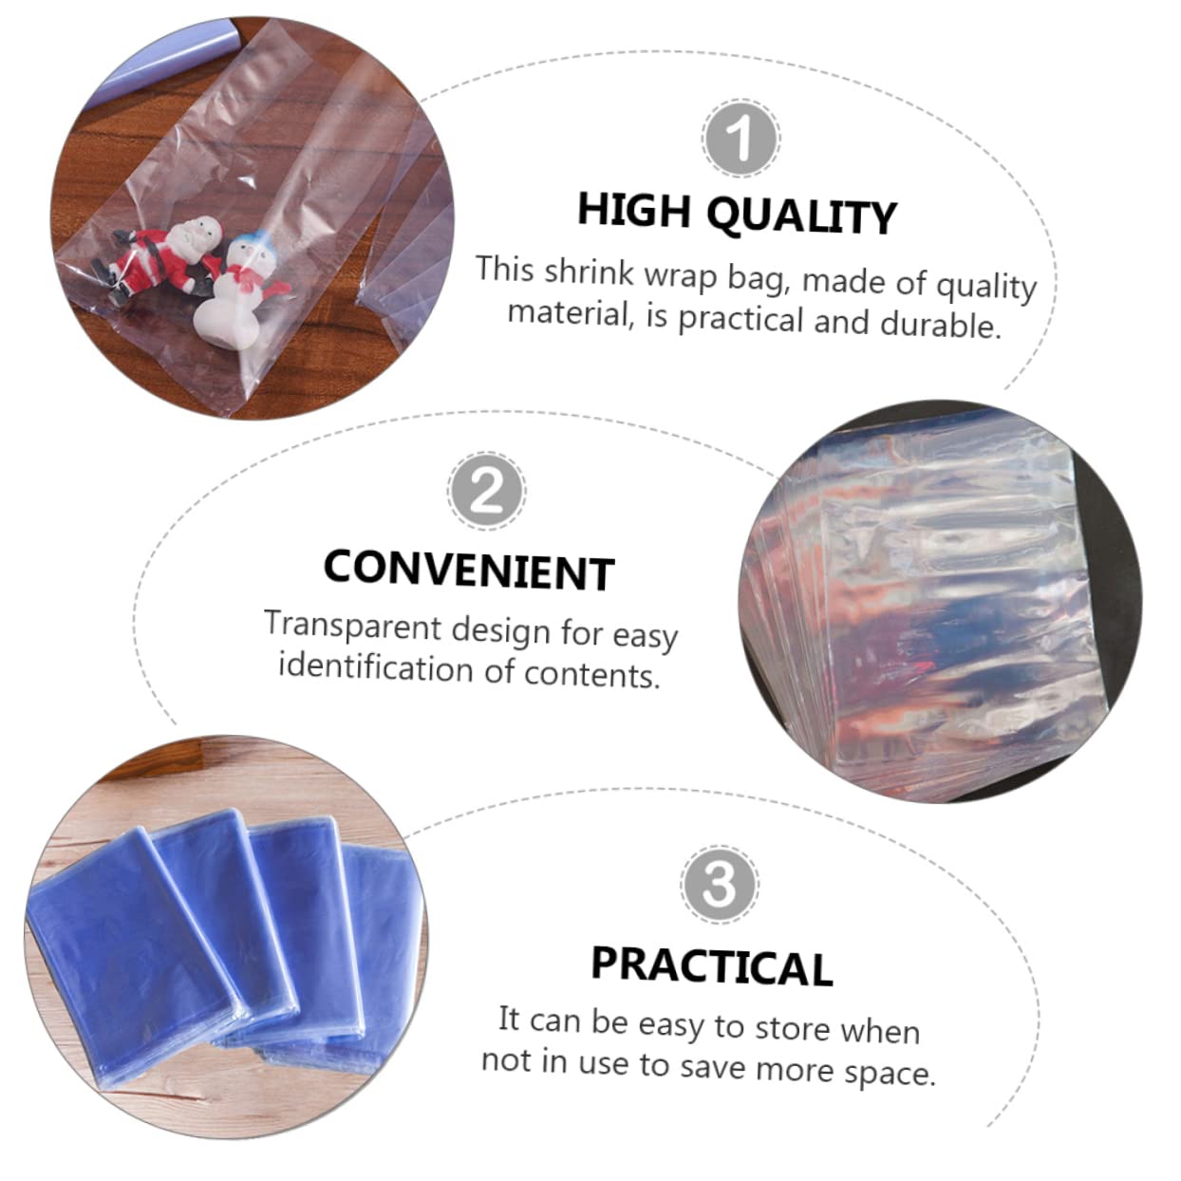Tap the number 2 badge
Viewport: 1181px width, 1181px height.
pyautogui.click(x=485, y=492)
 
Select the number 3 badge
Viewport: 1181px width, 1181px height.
pyautogui.click(x=719, y=884)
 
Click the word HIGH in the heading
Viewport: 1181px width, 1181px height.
pyautogui.click(x=633, y=209)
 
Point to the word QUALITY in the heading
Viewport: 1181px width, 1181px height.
pyautogui.click(x=802, y=216)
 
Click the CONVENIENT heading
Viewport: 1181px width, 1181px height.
pyautogui.click(x=469, y=570)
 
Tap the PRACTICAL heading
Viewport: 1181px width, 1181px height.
pyautogui.click(x=711, y=965)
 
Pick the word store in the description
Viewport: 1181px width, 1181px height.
pyautogui.click(x=792, y=1028)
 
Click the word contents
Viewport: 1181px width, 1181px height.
pyautogui.click(x=590, y=674)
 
